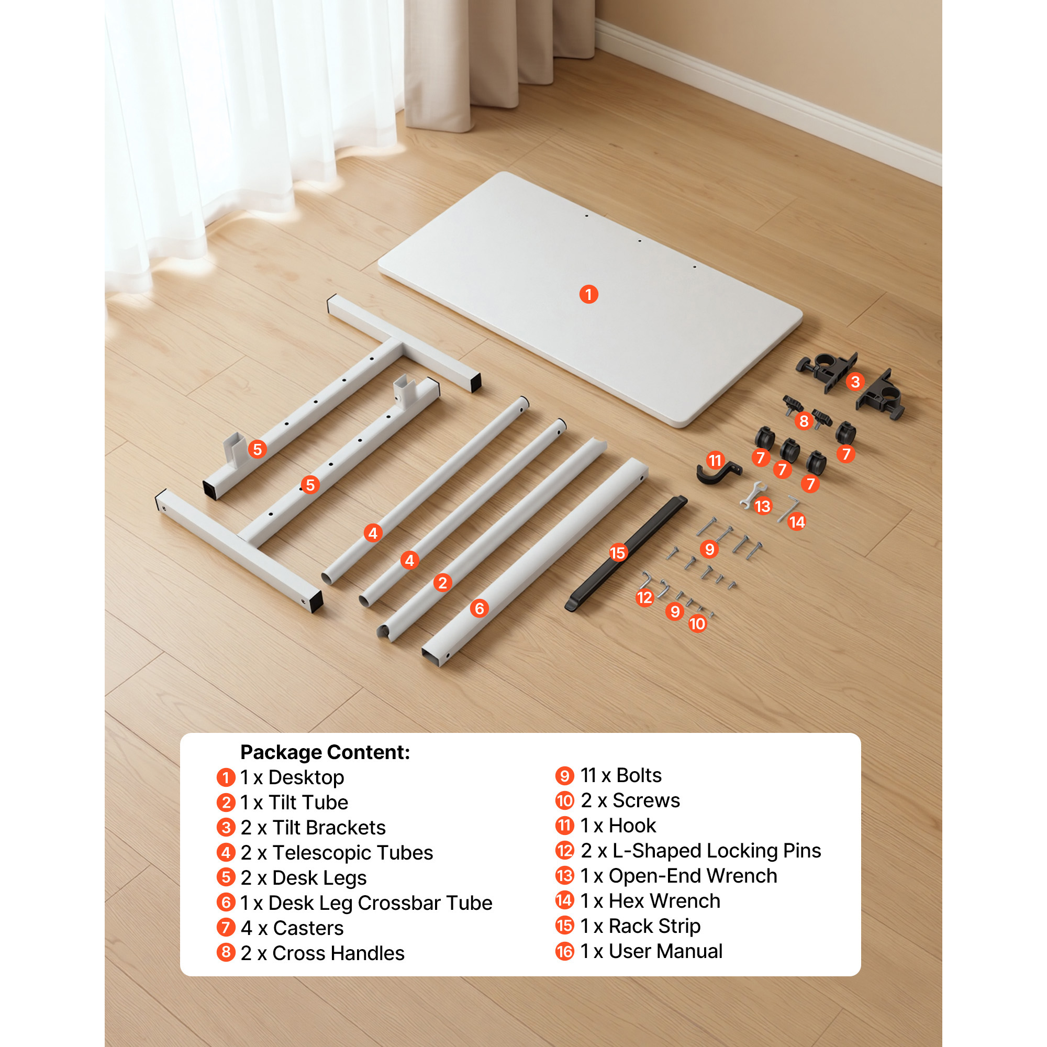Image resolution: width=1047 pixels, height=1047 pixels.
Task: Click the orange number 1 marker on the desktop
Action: click(588, 294)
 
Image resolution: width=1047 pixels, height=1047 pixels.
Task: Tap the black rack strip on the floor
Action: click(626, 553)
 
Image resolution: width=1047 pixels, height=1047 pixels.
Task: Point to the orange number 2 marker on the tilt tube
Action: click(442, 583)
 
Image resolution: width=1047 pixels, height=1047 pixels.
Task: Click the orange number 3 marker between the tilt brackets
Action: click(855, 382)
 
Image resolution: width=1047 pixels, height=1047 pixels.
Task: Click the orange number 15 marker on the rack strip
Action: click(618, 553)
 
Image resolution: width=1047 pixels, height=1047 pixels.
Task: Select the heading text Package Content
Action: click(325, 752)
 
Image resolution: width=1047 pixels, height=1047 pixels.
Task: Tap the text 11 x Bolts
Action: click(621, 775)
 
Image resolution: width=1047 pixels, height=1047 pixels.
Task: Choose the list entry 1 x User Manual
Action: click(651, 951)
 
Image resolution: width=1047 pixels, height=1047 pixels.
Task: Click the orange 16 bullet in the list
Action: click(565, 951)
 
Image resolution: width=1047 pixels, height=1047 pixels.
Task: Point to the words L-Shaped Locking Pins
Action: click(717, 851)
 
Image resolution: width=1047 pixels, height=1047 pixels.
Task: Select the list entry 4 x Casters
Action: click(292, 928)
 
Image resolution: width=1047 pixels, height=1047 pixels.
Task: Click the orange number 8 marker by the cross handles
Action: click(804, 421)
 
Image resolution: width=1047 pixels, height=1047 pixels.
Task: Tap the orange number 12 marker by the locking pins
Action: click(644, 597)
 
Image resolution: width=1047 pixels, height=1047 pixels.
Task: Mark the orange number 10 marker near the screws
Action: click(697, 624)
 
